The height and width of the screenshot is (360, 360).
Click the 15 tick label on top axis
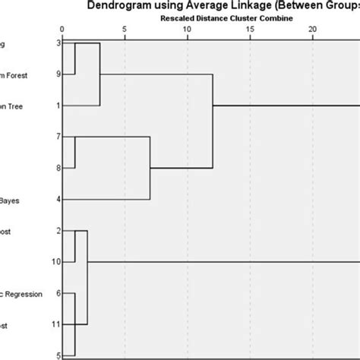pyautogui.click(x=250, y=29)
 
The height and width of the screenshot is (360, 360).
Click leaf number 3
pyautogui.click(x=58, y=43)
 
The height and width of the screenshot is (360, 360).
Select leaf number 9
pyautogui.click(x=58, y=74)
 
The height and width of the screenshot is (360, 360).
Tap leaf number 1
pyautogui.click(x=58, y=106)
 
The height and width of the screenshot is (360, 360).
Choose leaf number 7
pyautogui.click(x=58, y=137)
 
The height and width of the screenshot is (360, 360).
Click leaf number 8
pyautogui.click(x=58, y=168)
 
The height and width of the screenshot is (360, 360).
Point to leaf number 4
pyautogui.click(x=58, y=199)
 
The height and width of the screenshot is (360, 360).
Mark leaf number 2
pyautogui.click(x=58, y=230)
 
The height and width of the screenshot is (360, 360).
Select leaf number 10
pyautogui.click(x=56, y=261)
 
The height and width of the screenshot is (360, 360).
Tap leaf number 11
pyautogui.click(x=56, y=324)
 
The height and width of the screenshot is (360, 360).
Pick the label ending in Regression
pyautogui.click(x=23, y=293)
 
